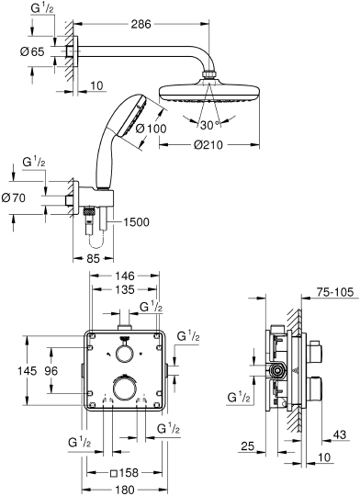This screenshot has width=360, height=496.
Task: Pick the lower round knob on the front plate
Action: click(x=122, y=389)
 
